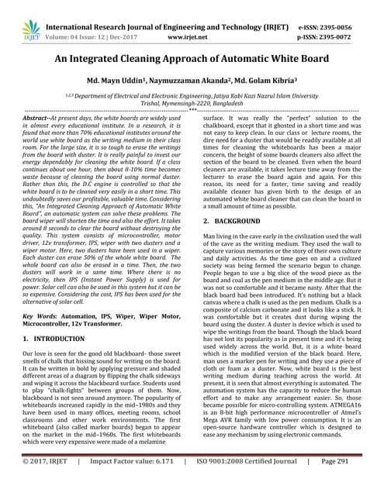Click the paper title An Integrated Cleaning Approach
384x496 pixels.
[192, 58]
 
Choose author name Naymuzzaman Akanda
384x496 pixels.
[195, 81]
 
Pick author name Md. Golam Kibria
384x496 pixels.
[267, 81]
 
